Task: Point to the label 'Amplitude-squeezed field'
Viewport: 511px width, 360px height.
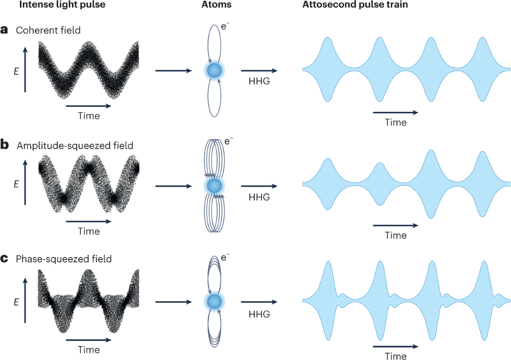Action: coord(75,146)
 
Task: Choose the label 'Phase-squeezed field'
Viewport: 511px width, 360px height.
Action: coord(64,258)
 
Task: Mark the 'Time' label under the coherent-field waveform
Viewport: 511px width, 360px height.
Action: coord(89,116)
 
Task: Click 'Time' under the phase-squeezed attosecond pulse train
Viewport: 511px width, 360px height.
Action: coord(396,356)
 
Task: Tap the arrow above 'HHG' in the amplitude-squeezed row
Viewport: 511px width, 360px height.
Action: coord(259,186)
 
